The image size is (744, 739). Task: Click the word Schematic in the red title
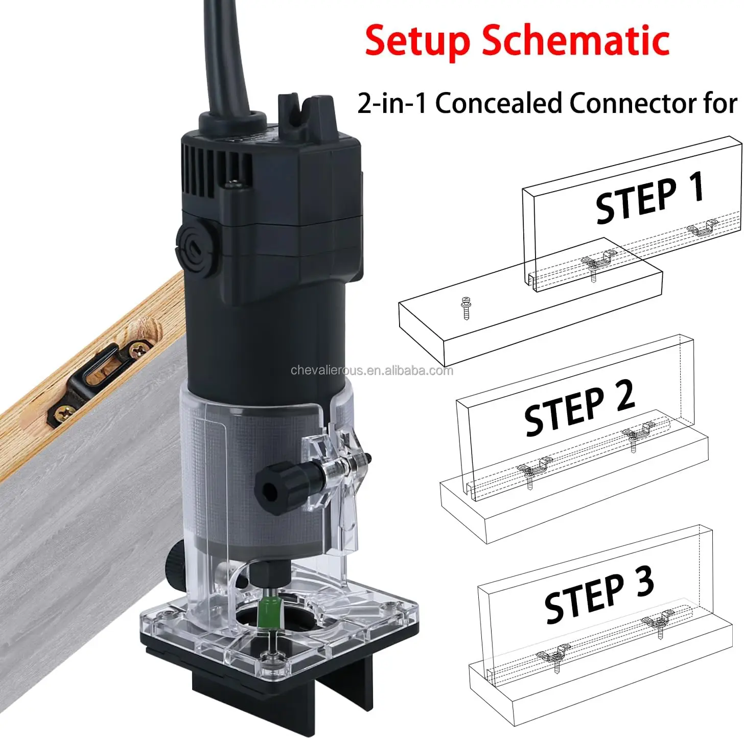[x=576, y=41]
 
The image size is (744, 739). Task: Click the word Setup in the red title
[x=417, y=41]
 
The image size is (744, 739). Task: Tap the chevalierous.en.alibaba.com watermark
[x=371, y=371]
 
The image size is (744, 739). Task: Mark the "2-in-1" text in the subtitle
[x=391, y=104]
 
